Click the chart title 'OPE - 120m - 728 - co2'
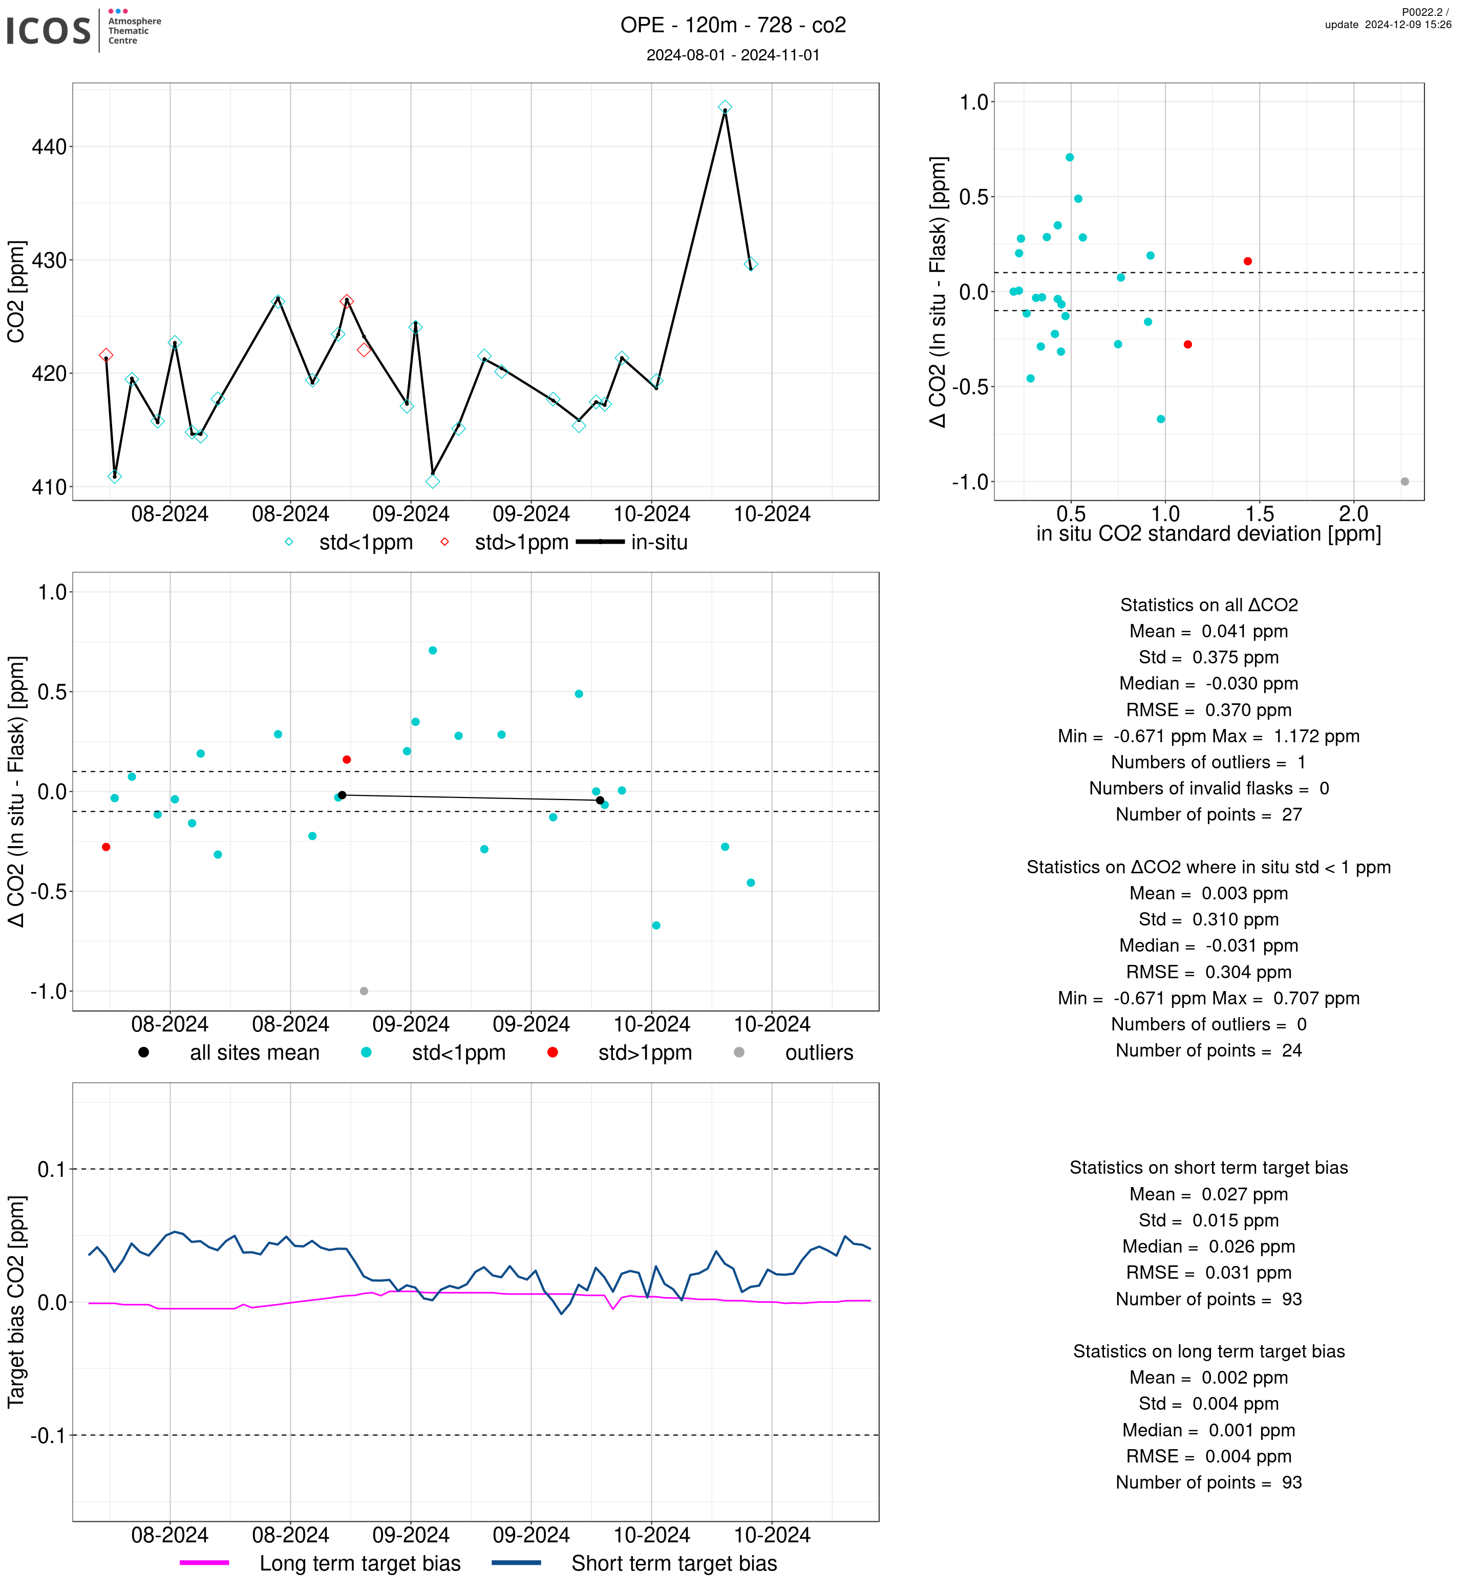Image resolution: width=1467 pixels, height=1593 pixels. pos(733,26)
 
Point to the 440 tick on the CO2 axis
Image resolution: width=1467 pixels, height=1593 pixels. pos(49,147)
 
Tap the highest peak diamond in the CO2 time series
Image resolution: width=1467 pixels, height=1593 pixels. pos(725,107)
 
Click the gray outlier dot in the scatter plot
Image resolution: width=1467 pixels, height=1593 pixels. pos(1405,482)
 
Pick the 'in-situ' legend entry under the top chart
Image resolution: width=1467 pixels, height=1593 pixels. pos(659,543)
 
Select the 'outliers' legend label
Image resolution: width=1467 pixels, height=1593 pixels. pos(818,1053)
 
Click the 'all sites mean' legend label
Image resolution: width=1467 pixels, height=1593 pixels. pos(254,1053)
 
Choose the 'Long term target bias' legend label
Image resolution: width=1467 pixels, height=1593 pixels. pos(359,1564)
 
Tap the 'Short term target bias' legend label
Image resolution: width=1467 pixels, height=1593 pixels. pos(674,1564)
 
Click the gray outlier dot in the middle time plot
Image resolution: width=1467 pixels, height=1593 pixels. pos(364,992)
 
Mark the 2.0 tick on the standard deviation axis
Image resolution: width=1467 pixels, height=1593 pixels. pos(1353,514)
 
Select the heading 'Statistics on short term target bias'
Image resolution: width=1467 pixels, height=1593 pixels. pos(1208,1168)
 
